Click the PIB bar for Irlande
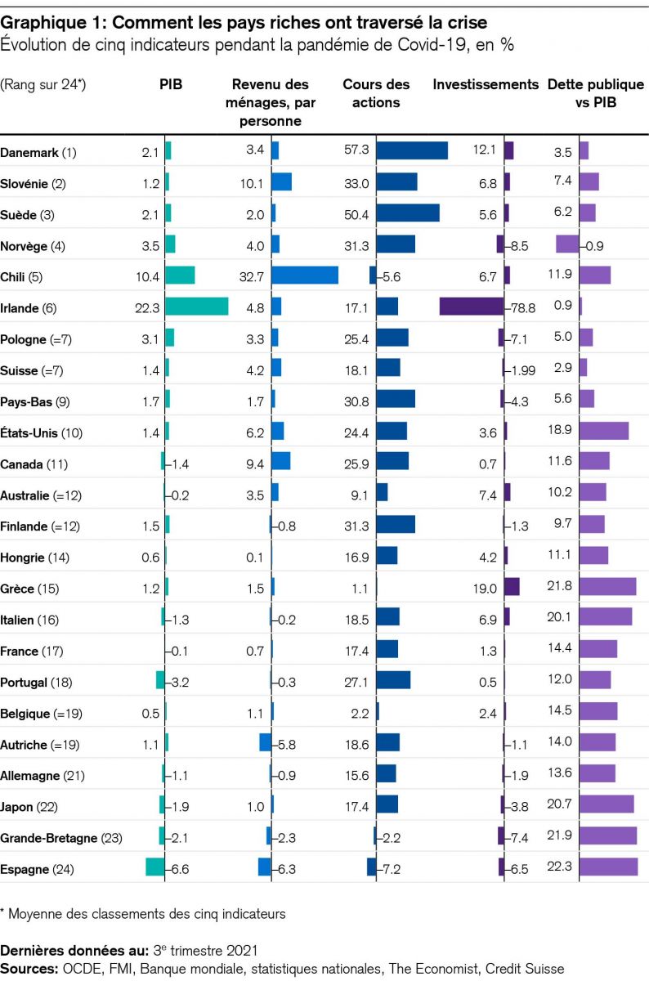(197, 307)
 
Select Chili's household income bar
(305, 275)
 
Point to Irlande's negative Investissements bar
(472, 307)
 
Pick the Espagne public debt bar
(609, 867)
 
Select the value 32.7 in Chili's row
(248, 276)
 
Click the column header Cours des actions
(376, 93)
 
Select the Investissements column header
(486, 84)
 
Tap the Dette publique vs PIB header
(596, 93)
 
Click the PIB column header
(170, 84)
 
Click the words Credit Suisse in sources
(526, 968)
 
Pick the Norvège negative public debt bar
(567, 244)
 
